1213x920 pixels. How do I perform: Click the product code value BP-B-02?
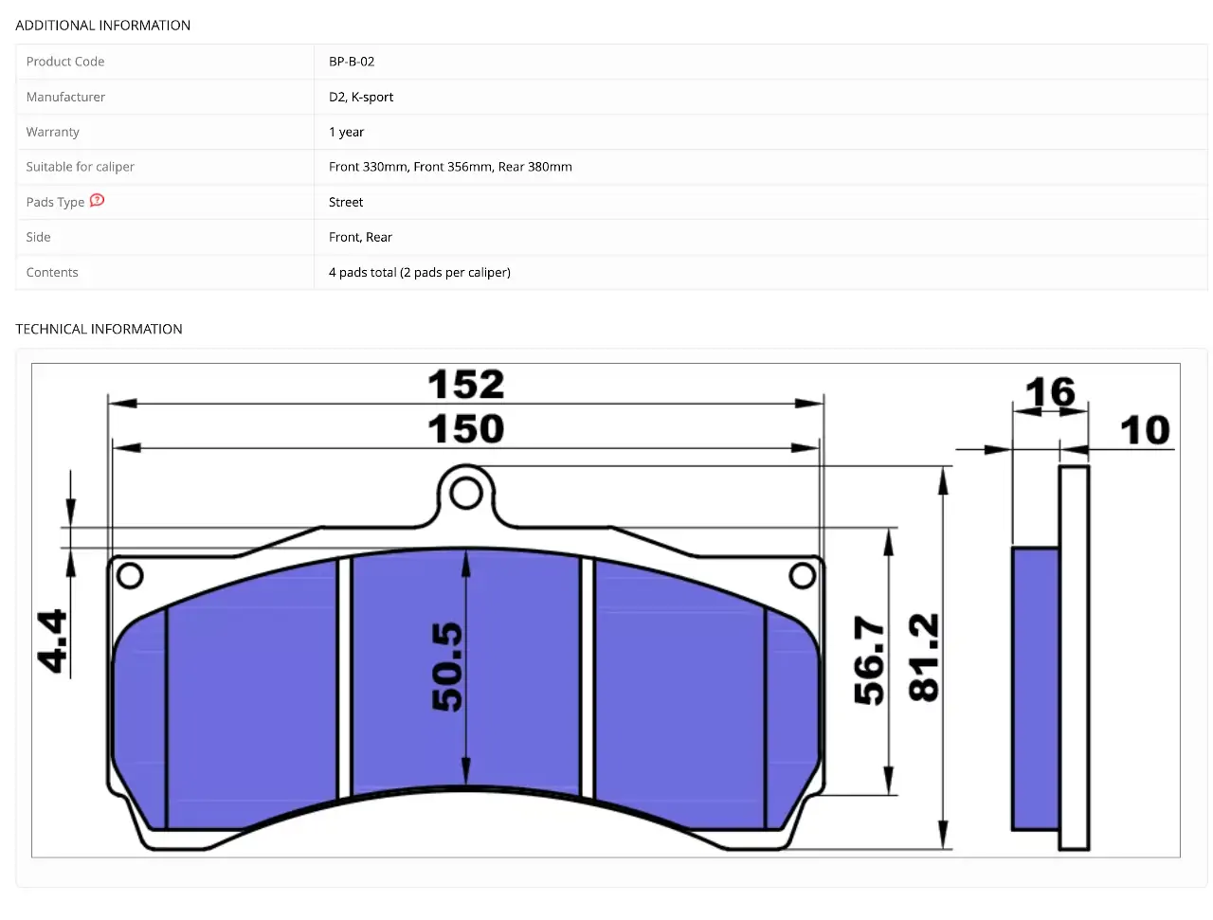(x=351, y=62)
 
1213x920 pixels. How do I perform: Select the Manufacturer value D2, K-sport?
(x=360, y=97)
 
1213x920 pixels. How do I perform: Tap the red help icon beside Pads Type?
(x=97, y=200)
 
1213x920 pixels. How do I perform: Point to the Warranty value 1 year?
(x=346, y=132)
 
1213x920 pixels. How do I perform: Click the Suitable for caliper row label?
(x=81, y=167)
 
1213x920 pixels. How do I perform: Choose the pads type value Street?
(x=345, y=202)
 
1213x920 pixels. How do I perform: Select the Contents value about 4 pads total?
(x=420, y=272)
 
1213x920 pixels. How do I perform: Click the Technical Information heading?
(x=99, y=329)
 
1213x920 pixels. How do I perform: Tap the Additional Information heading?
(x=102, y=26)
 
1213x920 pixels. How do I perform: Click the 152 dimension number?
(x=466, y=384)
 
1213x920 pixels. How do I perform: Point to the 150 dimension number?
(x=466, y=428)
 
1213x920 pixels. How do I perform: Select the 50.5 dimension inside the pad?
(x=446, y=666)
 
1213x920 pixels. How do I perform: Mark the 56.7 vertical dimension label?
(x=869, y=660)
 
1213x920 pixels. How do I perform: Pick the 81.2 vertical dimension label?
(x=923, y=658)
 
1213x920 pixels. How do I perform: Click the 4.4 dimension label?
(x=52, y=640)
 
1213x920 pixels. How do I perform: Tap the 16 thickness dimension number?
(x=1050, y=391)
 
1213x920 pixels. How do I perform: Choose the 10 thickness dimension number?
(x=1145, y=430)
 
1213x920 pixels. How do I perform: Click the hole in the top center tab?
(x=466, y=493)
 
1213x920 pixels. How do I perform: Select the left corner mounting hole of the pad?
(x=130, y=576)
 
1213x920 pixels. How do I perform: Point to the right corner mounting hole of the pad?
(x=802, y=576)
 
